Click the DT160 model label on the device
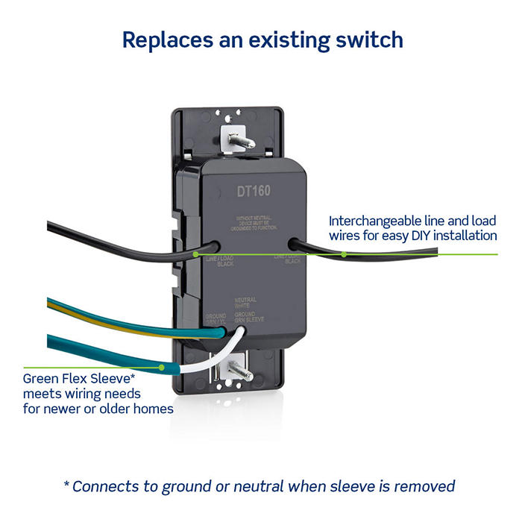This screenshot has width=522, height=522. (254, 191)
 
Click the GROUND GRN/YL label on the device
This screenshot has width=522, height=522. (216, 318)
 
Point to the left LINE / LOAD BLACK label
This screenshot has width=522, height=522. (219, 261)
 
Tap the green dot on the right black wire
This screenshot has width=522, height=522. (344, 254)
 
